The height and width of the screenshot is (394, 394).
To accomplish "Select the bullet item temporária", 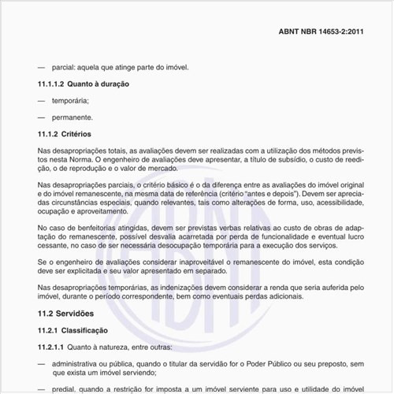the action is [x=71, y=100].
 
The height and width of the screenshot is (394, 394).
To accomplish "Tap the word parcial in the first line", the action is [x=63, y=67].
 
